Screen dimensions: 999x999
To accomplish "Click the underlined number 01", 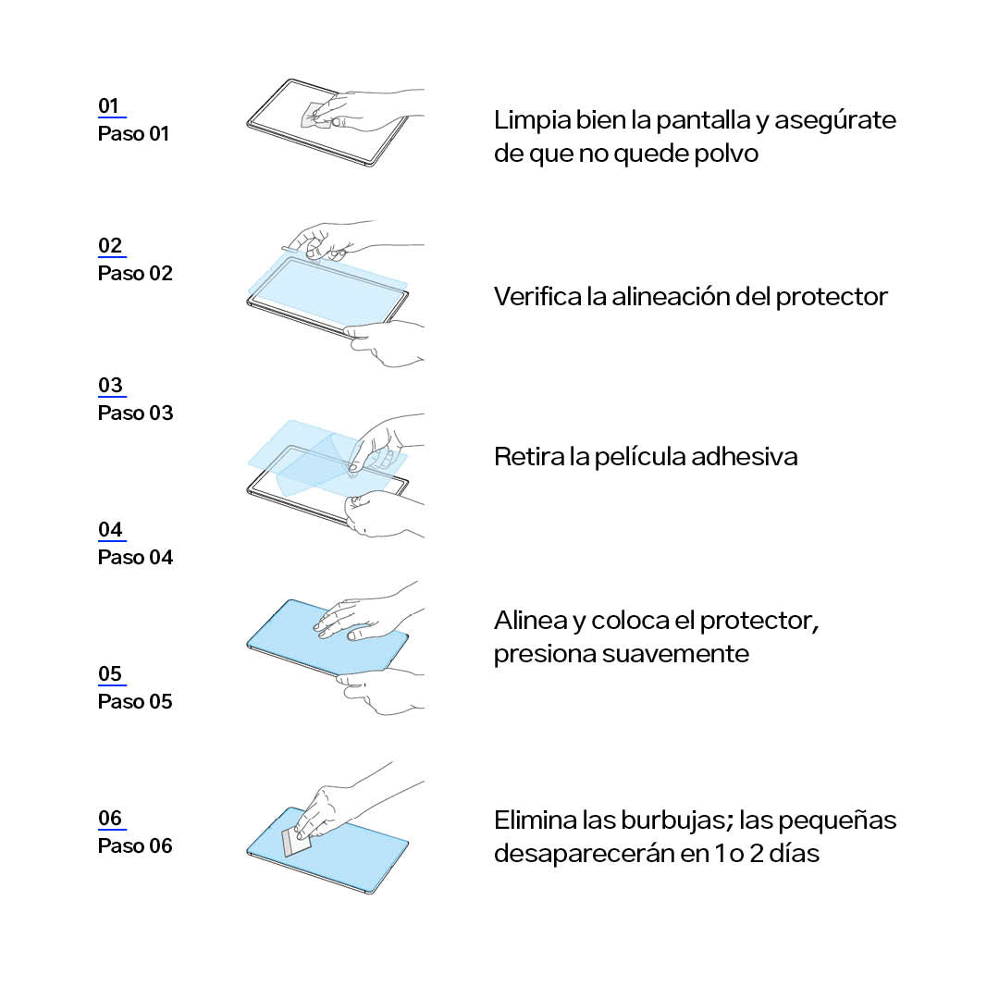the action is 108,105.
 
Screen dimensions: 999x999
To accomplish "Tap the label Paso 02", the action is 135,273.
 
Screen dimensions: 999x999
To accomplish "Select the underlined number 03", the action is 109,385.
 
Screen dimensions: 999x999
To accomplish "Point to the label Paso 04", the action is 135,558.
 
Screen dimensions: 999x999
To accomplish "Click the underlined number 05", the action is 109,673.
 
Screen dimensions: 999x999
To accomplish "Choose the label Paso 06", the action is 135,846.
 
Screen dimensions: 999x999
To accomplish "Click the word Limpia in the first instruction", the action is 533,121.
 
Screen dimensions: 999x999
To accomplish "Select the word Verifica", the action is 537,297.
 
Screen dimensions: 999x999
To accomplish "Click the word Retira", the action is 528,457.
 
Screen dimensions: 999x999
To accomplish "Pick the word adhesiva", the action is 744,457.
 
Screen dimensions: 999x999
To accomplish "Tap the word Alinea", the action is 530,621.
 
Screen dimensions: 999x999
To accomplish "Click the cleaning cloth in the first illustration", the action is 317,116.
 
